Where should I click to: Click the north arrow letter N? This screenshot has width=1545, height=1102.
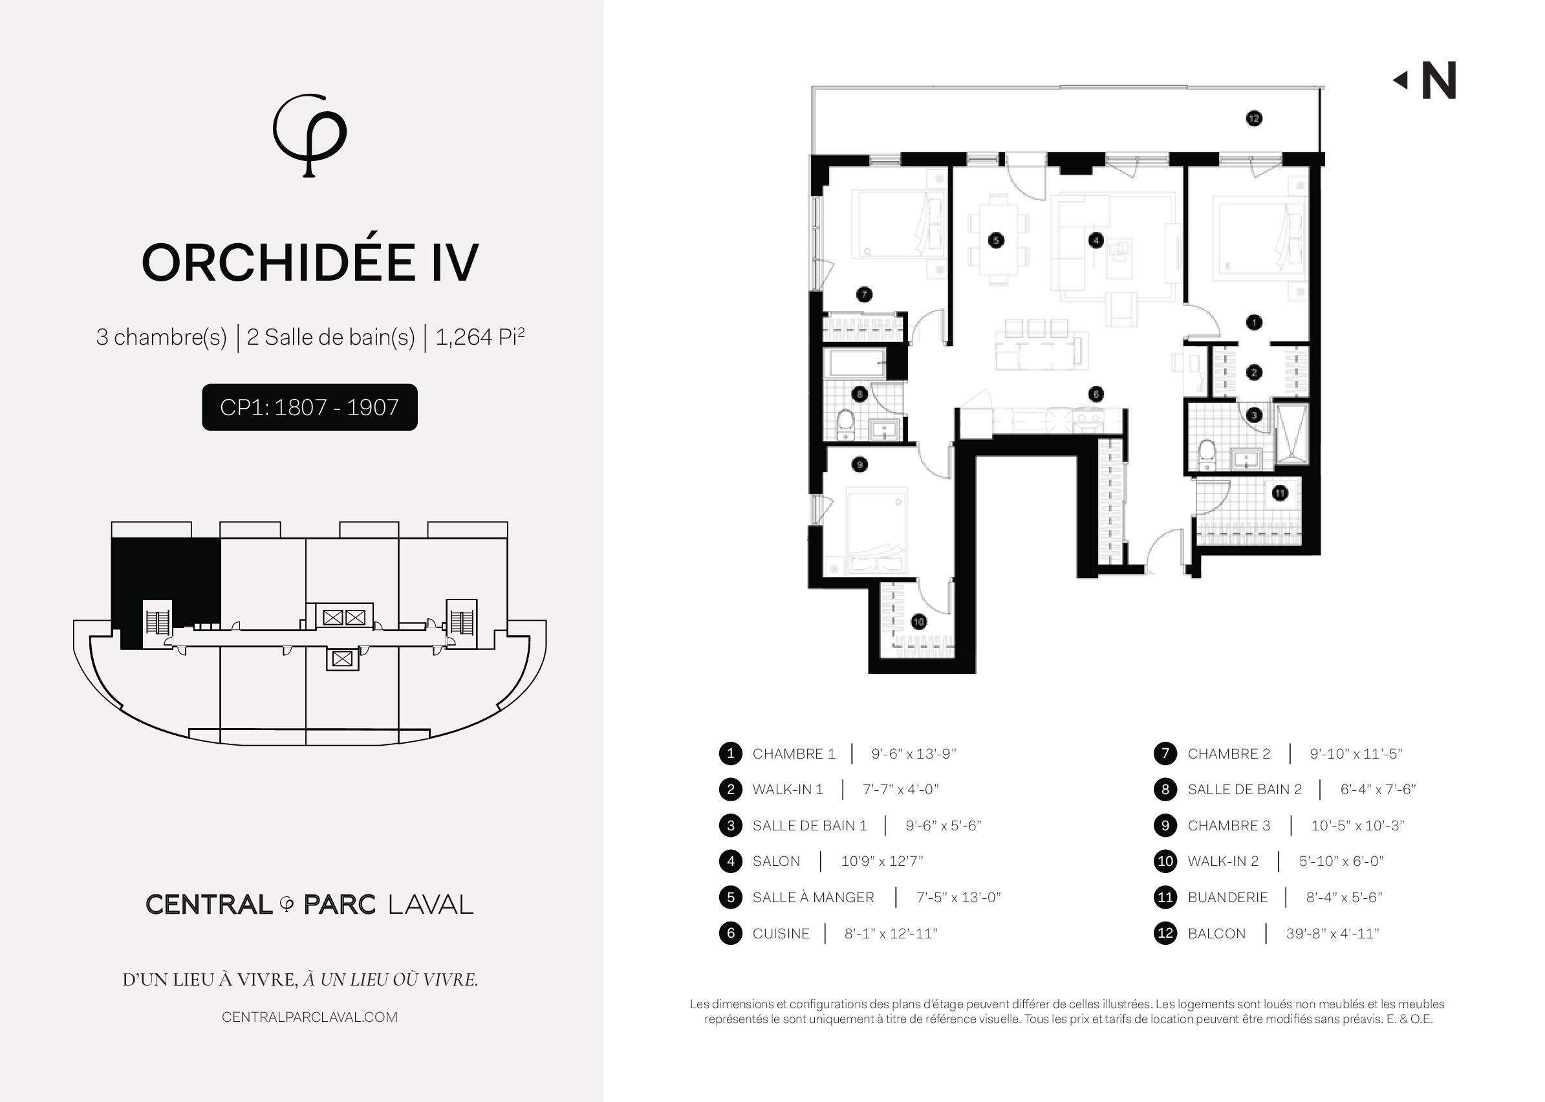click(1438, 81)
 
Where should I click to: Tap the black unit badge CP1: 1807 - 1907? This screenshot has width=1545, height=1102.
click(309, 407)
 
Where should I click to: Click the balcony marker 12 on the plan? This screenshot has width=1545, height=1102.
click(1254, 119)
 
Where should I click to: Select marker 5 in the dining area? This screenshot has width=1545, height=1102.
click(996, 240)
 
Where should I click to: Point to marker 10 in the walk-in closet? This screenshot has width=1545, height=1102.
click(919, 621)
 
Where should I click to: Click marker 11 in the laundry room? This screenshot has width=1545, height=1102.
click(1280, 493)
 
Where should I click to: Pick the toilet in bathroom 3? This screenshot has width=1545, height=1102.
click(1207, 454)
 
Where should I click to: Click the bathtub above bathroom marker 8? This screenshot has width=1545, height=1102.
click(856, 363)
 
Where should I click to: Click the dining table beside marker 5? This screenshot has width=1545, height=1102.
click(997, 240)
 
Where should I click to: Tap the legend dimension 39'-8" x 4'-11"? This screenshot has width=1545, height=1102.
click(1333, 934)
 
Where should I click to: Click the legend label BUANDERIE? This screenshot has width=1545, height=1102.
click(1227, 898)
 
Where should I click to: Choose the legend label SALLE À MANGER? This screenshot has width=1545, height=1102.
click(813, 897)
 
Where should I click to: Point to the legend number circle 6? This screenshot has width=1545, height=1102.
click(731, 934)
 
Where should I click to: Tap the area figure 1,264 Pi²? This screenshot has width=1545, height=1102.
click(480, 336)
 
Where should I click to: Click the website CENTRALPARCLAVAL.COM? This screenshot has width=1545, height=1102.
click(309, 1017)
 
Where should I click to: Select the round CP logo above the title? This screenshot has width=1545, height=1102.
click(309, 135)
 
